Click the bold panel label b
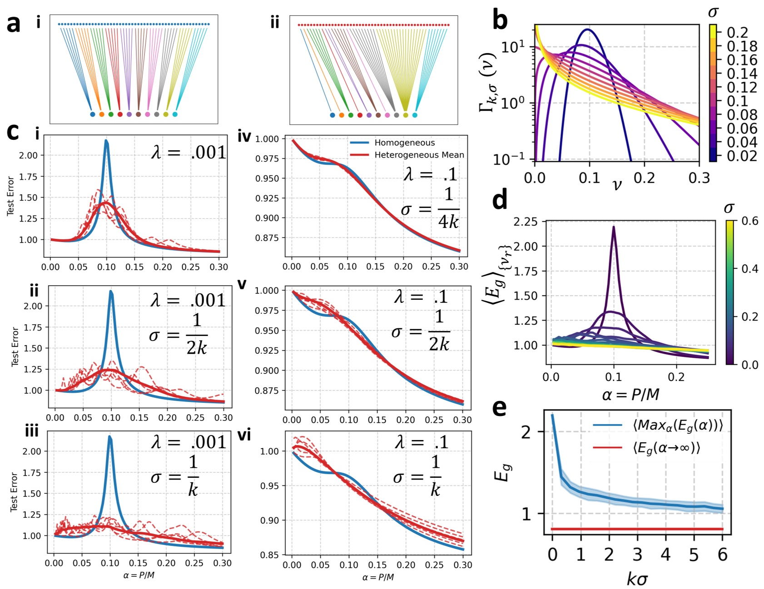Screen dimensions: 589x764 click(500, 20)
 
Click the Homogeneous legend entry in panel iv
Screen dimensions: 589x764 click(404, 143)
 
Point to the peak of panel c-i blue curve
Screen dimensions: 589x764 click(106, 141)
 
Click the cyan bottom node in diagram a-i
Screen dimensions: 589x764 click(175, 114)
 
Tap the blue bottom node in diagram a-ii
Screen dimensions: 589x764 click(332, 115)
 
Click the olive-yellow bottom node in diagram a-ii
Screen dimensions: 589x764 click(406, 115)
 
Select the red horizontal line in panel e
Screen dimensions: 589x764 click(636, 529)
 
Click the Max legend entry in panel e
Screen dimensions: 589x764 click(677, 426)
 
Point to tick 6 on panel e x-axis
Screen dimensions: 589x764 click(722, 554)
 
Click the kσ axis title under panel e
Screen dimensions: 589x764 click(637, 579)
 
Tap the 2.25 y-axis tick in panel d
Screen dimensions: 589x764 click(525, 222)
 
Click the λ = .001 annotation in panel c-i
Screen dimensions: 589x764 click(189, 153)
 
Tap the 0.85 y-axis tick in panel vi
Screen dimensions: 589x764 click(270, 554)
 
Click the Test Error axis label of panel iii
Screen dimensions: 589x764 click(14, 492)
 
